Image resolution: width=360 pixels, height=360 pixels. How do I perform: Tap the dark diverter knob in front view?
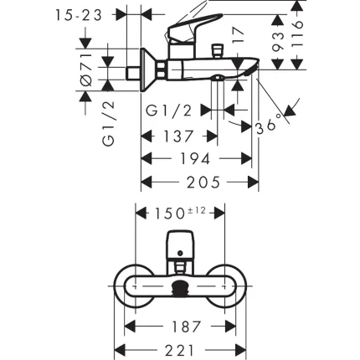180,290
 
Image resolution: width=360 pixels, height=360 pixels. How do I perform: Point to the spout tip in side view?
256,75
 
